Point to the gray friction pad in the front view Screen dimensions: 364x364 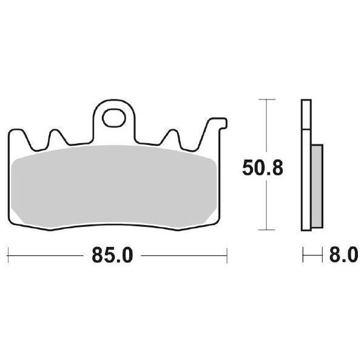[115, 188]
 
